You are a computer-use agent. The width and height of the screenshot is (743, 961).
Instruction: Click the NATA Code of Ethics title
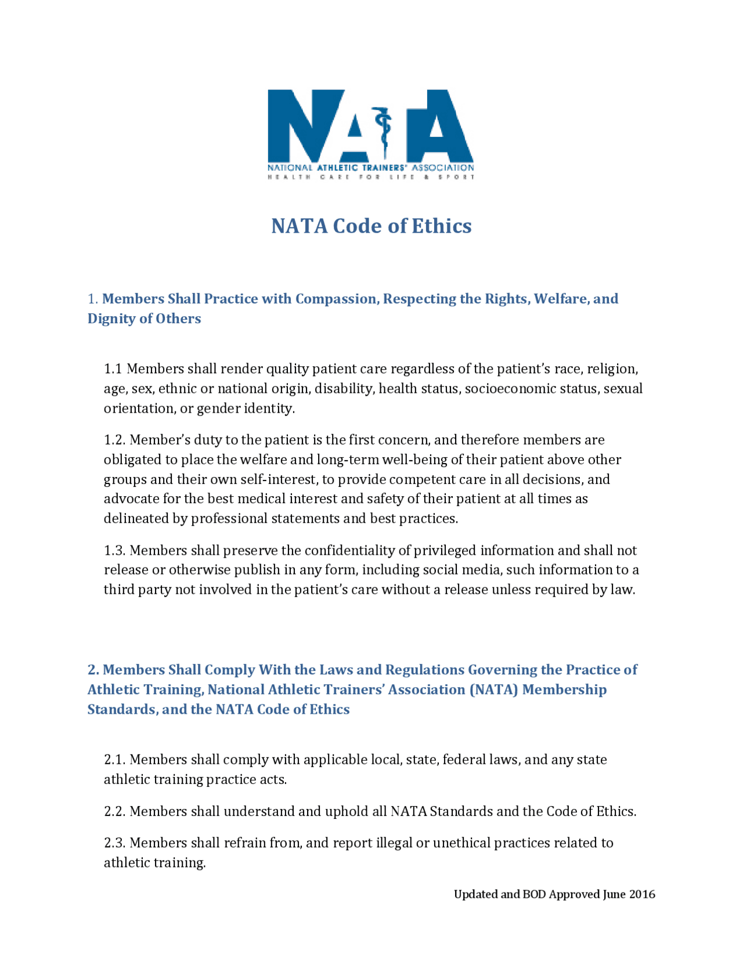pyautogui.click(x=371, y=226)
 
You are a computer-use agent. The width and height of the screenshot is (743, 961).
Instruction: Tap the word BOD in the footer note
pyautogui.click(x=534, y=894)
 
